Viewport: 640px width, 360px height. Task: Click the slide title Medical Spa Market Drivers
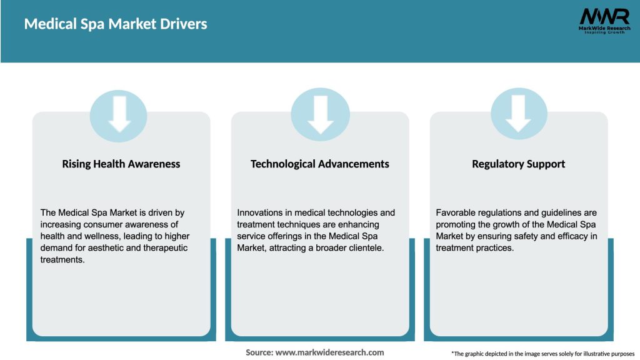pos(116,24)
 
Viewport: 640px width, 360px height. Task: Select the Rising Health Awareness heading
pos(121,164)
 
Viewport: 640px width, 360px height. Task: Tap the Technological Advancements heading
pos(320,164)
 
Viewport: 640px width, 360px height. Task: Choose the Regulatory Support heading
pos(519,164)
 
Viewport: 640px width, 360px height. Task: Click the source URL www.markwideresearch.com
pos(330,352)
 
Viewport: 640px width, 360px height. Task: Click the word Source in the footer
pos(258,352)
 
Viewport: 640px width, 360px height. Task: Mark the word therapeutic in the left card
pos(166,248)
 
